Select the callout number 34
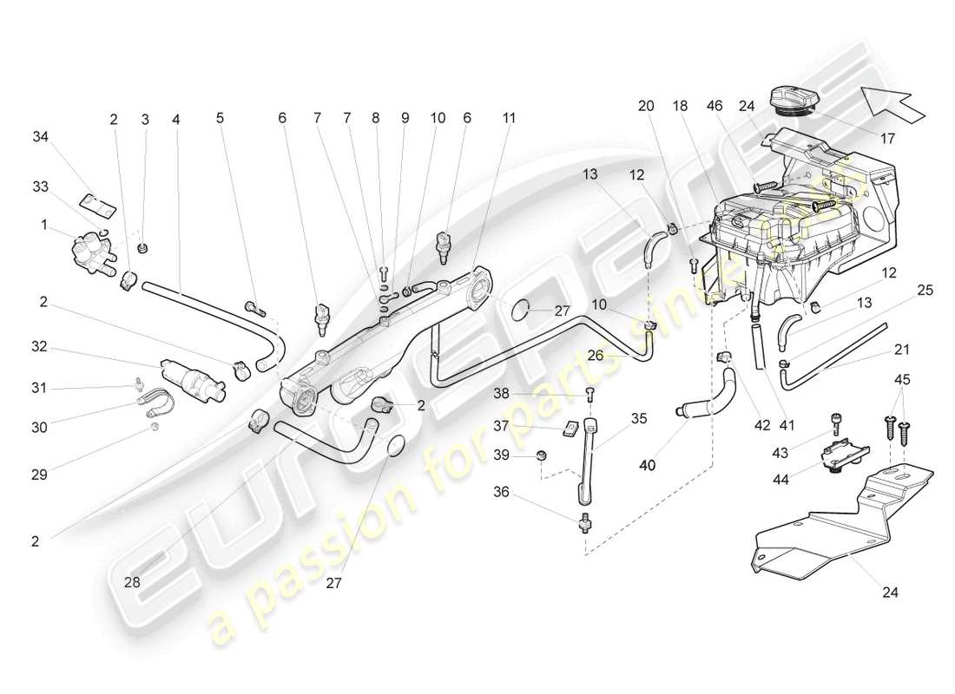click(x=41, y=136)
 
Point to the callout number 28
click(x=132, y=582)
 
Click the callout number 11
click(x=509, y=117)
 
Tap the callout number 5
click(x=220, y=117)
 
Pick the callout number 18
click(x=681, y=105)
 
